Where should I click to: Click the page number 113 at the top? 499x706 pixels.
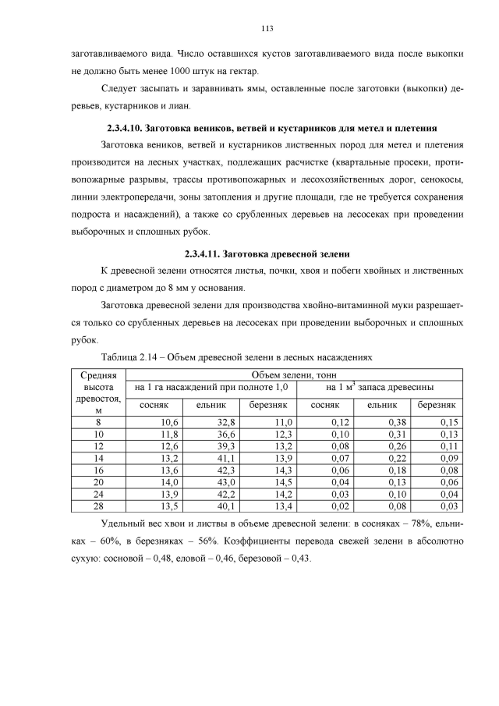coord(267,29)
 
